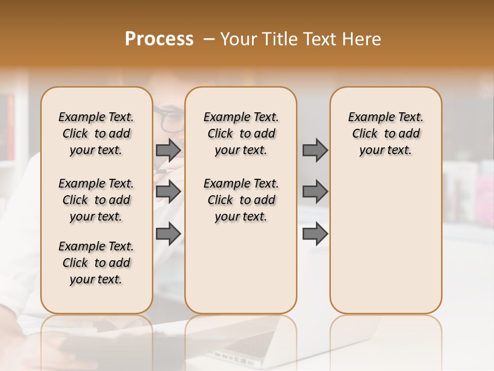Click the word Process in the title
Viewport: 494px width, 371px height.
pyautogui.click(x=159, y=39)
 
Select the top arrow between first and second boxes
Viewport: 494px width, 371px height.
pyautogui.click(x=168, y=150)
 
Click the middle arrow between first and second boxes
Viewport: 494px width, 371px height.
pyautogui.click(x=168, y=192)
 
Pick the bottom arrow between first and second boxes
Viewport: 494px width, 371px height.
pyautogui.click(x=168, y=234)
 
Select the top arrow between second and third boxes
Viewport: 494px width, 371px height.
pyautogui.click(x=315, y=150)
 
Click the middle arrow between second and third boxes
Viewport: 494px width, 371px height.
pyautogui.click(x=315, y=192)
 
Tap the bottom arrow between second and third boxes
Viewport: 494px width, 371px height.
pyautogui.click(x=315, y=234)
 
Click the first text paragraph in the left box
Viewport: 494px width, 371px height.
pyautogui.click(x=96, y=133)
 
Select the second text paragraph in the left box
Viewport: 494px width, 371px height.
pyautogui.click(x=96, y=200)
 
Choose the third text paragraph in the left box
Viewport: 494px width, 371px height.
pyautogui.click(x=96, y=263)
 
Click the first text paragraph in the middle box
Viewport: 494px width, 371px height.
pyautogui.click(x=241, y=133)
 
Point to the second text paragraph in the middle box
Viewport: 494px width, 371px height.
pyautogui.click(x=241, y=200)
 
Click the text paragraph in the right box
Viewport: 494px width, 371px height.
pyautogui.click(x=385, y=133)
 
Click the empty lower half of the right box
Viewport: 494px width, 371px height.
pyautogui.click(x=385, y=247)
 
